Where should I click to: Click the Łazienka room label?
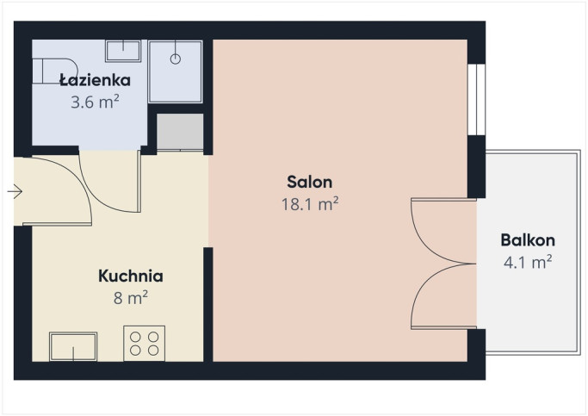pyautogui.click(x=96, y=80)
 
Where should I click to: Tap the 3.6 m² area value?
pyautogui.click(x=95, y=102)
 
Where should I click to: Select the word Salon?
pyautogui.click(x=310, y=182)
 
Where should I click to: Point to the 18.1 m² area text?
pyautogui.click(x=310, y=204)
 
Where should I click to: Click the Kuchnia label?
pyautogui.click(x=131, y=276)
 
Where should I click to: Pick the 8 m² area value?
pyautogui.click(x=131, y=298)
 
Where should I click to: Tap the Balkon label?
pyautogui.click(x=528, y=240)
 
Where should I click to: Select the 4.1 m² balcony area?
pyautogui.click(x=528, y=262)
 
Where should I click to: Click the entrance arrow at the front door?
pyautogui.click(x=15, y=192)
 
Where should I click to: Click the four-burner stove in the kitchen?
pyautogui.click(x=145, y=344)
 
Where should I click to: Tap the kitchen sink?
pyautogui.click(x=73, y=346)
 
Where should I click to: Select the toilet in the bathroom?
pyautogui.click(x=55, y=71)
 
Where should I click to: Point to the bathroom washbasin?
pyautogui.click(x=123, y=51)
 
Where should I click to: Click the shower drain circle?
pyautogui.click(x=176, y=59)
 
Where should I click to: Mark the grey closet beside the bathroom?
pyautogui.click(x=180, y=132)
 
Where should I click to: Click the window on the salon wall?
pyautogui.click(x=477, y=99)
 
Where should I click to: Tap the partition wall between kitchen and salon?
pyautogui.click(x=208, y=304)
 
